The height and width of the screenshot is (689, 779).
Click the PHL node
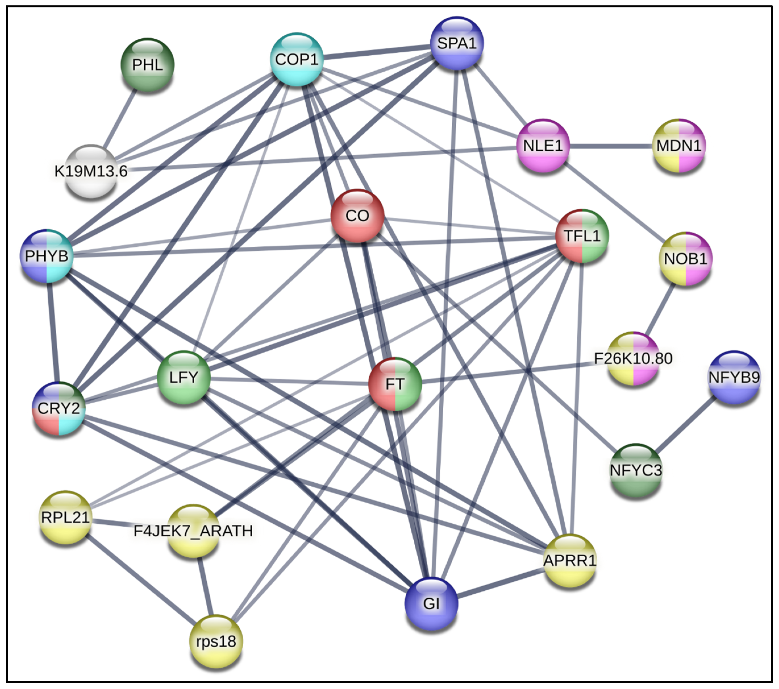coord(147,65)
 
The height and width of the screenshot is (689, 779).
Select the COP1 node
coord(297,59)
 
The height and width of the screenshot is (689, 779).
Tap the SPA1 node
coord(457,43)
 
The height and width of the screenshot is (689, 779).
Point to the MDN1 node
coord(679,146)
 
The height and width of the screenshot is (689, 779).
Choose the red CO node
coord(357,216)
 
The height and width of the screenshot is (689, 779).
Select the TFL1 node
coord(582,236)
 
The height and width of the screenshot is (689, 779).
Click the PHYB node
coord(47,256)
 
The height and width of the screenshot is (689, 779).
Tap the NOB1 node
coord(685,259)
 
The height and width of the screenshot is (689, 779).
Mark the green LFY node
coord(184,377)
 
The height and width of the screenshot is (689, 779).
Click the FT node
coord(395,384)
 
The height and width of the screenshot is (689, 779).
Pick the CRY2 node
coord(59,408)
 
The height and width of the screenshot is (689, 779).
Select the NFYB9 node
coord(734,377)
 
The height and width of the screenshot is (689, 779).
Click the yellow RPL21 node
coord(66,517)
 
